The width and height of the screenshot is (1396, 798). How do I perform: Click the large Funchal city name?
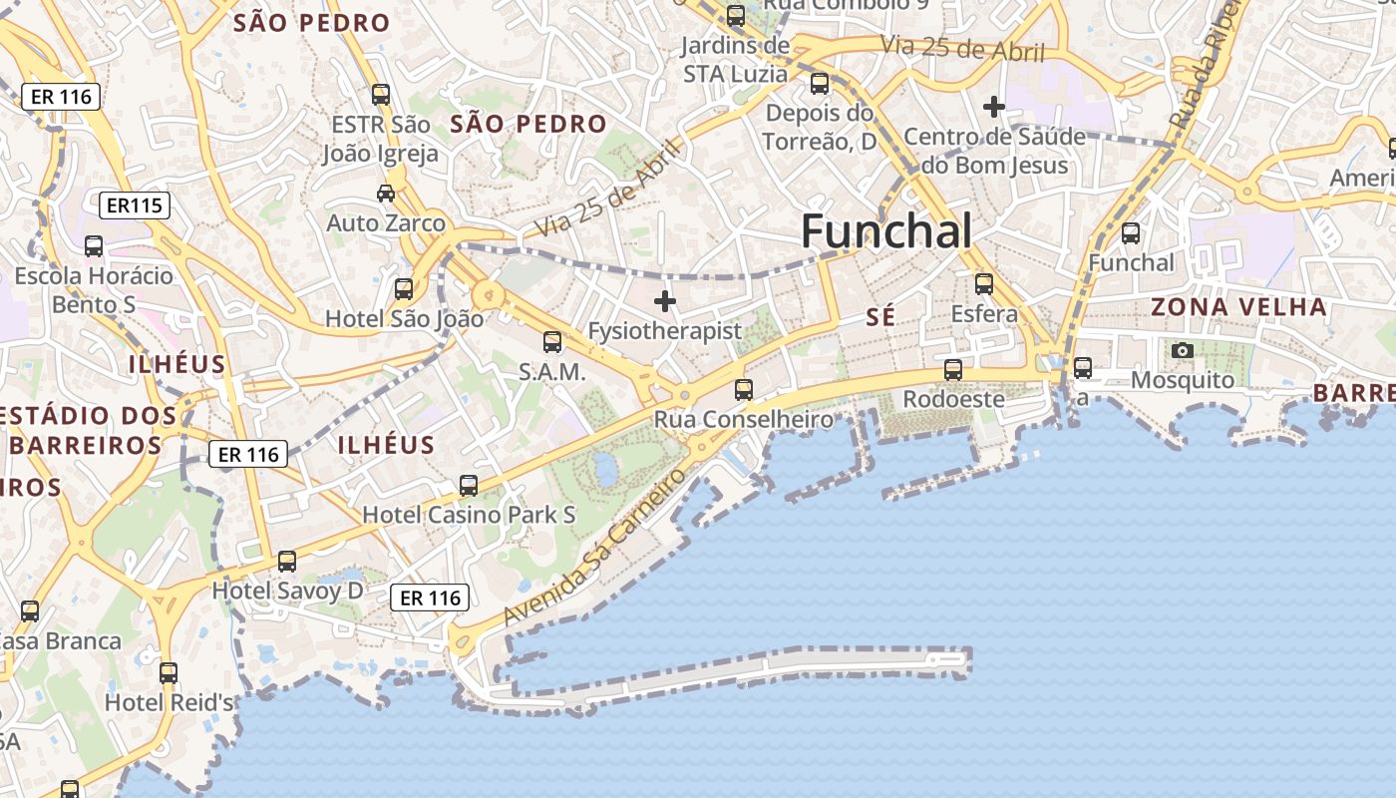tap(886, 231)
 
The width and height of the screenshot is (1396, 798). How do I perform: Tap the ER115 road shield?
tap(135, 206)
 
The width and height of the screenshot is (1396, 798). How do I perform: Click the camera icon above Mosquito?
tap(1183, 350)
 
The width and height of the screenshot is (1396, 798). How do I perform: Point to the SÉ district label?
tap(880, 317)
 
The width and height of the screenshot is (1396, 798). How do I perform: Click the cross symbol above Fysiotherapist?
tap(665, 300)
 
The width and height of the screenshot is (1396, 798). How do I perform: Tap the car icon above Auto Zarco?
tap(385, 193)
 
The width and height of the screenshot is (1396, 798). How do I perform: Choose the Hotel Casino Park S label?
tap(469, 515)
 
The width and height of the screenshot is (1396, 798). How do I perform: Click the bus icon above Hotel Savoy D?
tap(287, 562)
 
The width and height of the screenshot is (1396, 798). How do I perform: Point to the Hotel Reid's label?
tap(169, 702)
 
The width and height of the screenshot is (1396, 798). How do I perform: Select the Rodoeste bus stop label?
tap(953, 399)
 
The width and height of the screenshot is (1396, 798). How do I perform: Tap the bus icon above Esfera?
tap(984, 284)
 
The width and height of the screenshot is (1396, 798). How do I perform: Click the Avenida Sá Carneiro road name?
tap(595, 547)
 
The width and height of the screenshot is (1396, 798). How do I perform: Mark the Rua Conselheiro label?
tap(743, 420)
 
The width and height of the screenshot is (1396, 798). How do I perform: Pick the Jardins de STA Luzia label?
tap(736, 60)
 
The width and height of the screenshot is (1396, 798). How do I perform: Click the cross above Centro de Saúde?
tap(994, 106)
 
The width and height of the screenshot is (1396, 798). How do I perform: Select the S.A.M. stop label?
tap(551, 371)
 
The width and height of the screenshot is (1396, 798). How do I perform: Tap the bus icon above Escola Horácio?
tap(94, 246)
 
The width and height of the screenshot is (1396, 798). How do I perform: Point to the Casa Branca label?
tap(60, 640)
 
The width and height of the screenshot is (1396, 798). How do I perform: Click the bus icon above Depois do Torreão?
tap(820, 84)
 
